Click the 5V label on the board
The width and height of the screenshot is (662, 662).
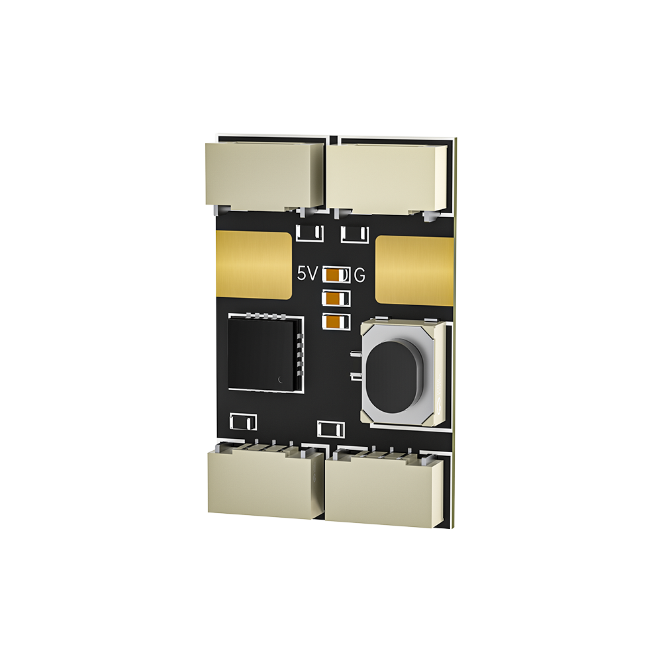point(308,274)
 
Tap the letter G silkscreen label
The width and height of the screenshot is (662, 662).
point(359,275)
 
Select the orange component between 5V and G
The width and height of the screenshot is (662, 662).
point(336,275)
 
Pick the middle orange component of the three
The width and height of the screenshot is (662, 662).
point(336,299)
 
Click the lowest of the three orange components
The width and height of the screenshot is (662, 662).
point(336,322)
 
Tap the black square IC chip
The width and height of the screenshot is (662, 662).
point(264,354)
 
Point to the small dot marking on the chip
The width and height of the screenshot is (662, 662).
point(281,379)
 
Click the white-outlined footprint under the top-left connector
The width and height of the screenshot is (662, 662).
point(309,233)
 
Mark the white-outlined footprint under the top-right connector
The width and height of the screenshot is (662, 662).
point(355,234)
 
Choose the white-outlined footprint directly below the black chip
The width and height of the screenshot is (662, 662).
point(243,420)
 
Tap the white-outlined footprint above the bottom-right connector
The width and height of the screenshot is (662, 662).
point(331,429)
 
